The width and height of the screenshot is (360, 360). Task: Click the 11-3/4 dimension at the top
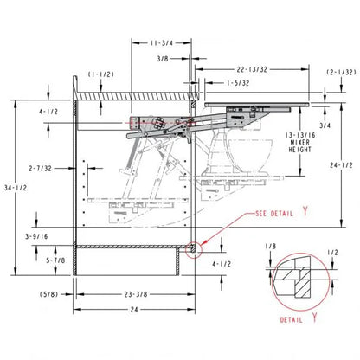tap(161, 43)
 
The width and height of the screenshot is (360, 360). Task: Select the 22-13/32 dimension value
tap(252, 69)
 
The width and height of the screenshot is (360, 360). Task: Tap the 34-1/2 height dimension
tap(16, 188)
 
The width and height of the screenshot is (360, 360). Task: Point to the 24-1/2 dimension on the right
tap(341, 165)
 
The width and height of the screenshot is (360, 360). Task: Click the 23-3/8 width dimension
tap(136, 294)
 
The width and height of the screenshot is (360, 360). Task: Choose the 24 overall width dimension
tap(134, 310)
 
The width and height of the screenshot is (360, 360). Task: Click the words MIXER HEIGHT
tap(300, 146)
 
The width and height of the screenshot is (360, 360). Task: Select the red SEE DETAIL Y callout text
tap(282, 213)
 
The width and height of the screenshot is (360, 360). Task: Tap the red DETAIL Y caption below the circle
tap(299, 318)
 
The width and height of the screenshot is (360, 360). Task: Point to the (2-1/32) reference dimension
tap(341, 72)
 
